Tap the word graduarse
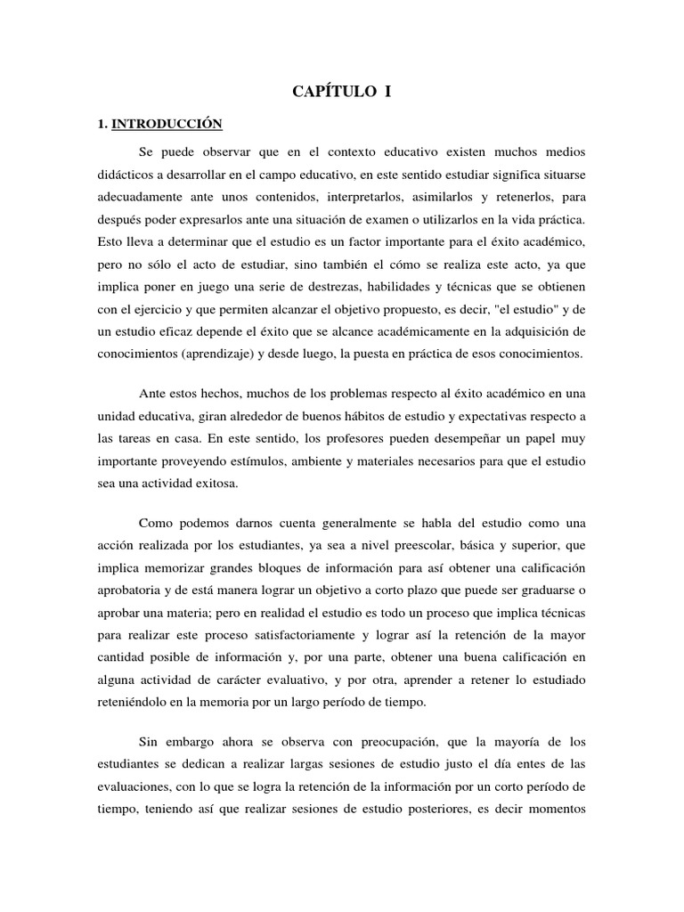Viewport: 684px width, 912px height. tap(547, 591)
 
